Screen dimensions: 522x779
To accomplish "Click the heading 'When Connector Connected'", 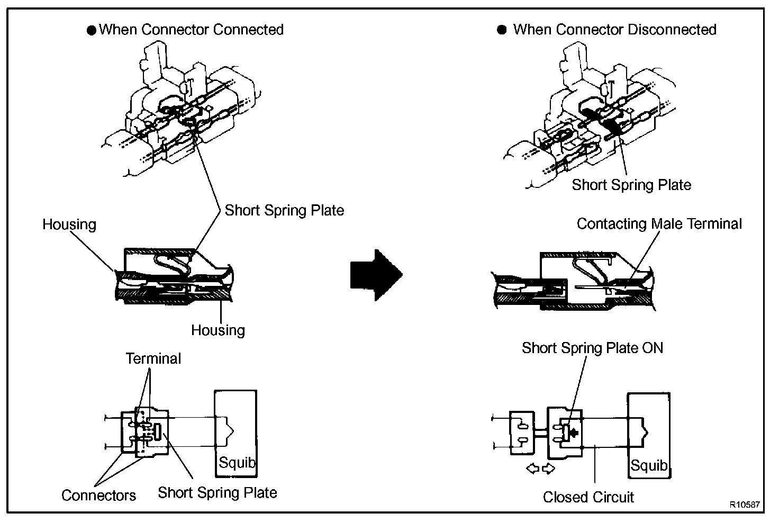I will tap(191, 30).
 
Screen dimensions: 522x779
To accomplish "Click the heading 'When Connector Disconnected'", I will tap(614, 30).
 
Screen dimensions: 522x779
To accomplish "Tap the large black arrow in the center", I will tap(376, 275).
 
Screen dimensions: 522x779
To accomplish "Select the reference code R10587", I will tap(745, 505).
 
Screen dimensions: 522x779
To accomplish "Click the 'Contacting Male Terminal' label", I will tap(659, 224).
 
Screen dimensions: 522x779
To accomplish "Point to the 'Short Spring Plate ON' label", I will tap(592, 348).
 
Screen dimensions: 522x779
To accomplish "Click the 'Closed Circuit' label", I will tap(588, 497).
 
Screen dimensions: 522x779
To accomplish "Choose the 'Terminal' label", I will tap(153, 358).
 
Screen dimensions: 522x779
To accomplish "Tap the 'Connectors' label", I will tap(98, 496).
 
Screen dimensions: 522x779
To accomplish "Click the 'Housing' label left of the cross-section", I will tap(69, 224).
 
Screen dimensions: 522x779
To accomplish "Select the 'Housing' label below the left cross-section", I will tap(218, 330).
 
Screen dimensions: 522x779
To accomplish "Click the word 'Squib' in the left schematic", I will tap(237, 463).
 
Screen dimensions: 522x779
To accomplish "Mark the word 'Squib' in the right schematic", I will tap(649, 465).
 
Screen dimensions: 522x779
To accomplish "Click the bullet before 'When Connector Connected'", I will tap(92, 30).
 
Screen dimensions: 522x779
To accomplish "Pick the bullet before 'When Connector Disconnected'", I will tap(502, 30).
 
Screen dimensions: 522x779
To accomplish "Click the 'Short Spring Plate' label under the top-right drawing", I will tap(631, 185).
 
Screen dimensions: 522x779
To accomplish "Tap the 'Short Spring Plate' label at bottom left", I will tap(218, 493).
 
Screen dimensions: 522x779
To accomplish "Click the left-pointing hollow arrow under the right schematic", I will tap(533, 469).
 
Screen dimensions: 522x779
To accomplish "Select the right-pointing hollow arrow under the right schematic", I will tap(548, 469).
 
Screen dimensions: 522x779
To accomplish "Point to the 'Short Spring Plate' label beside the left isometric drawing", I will tap(284, 210).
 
